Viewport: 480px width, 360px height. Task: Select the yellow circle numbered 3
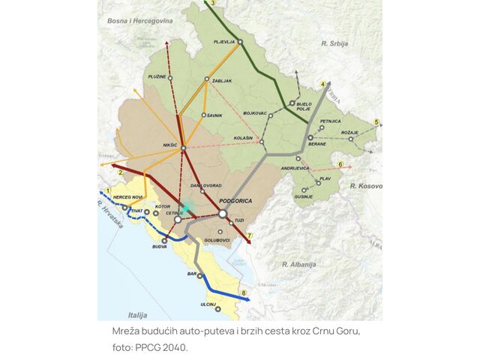(x=213, y=4)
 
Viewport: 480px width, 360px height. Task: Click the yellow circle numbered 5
(x=376, y=121)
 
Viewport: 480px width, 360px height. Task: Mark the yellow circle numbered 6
(x=340, y=164)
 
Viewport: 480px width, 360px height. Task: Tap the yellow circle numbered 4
(x=322, y=83)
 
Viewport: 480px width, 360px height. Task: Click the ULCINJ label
(x=208, y=304)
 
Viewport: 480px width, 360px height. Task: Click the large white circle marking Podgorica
(x=222, y=214)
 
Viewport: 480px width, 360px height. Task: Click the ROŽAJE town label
(x=349, y=133)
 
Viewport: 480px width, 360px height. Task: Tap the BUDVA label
(x=160, y=247)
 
